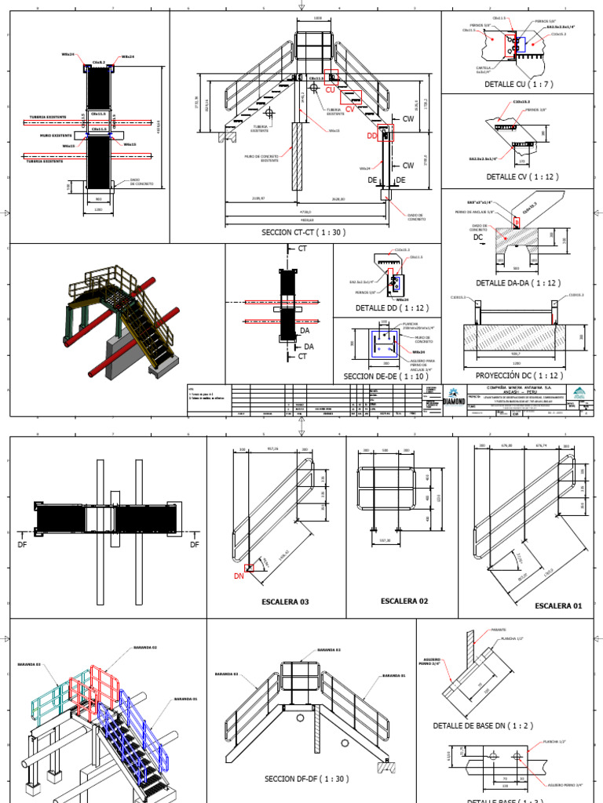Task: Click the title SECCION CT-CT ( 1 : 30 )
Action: pos(302,233)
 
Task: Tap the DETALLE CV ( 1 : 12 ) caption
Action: pos(521,177)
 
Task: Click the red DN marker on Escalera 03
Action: pos(239,576)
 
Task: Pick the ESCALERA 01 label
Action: pos(559,606)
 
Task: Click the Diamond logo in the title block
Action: pos(454,397)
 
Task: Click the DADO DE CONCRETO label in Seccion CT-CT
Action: pos(415,216)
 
